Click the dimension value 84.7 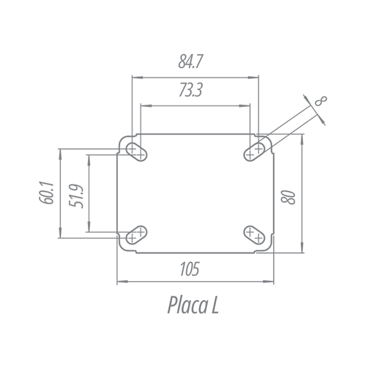tap(190, 61)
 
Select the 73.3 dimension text tap(190, 90)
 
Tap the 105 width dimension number tap(190, 269)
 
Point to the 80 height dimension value tap(288, 197)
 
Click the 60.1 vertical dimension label tap(46, 193)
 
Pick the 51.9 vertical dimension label tap(76, 196)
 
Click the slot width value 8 tap(321, 101)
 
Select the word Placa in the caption tap(187, 305)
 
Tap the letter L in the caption tap(214, 305)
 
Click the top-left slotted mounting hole tap(136, 152)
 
